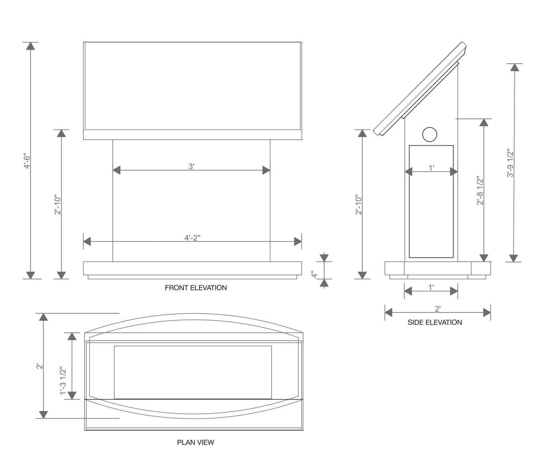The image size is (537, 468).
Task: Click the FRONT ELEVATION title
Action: coord(196,288)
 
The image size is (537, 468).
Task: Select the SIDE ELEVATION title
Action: coord(434,323)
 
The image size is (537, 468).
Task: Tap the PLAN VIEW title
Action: coord(196,442)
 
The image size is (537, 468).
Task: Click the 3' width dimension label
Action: coord(191,167)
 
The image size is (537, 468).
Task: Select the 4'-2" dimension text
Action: coord(192,238)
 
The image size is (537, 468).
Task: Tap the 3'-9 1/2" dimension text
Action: coord(510,163)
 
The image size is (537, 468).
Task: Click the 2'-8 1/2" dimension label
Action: coord(480,191)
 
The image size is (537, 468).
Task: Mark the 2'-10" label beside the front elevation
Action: coord(57,205)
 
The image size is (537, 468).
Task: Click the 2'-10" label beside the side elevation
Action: coord(359,205)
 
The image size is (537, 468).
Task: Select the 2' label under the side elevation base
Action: coord(437,308)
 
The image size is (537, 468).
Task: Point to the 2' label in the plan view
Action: coord(39,366)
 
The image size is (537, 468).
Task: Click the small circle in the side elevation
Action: coord(430,134)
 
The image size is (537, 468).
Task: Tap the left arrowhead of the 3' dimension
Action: coord(117,170)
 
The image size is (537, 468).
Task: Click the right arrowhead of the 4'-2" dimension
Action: coord(298,241)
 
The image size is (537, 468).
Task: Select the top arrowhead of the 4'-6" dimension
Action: coord(30,46)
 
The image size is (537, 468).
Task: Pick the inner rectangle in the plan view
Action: coord(192,372)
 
